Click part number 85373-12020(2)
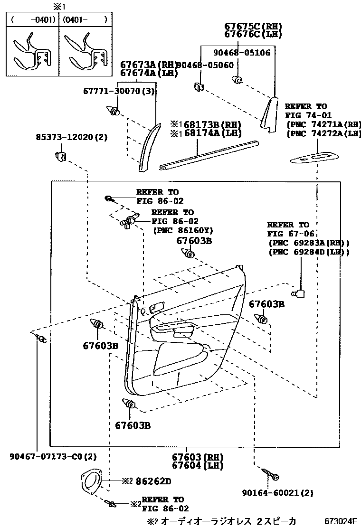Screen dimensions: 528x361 (x=72, y=137)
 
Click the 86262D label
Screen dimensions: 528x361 (x=153, y=481)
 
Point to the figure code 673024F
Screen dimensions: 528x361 (x=341, y=521)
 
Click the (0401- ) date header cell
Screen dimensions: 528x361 (x=85, y=20)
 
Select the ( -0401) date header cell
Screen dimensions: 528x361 (x=32, y=20)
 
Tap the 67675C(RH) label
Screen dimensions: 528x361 (x=253, y=26)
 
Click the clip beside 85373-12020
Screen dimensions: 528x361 (x=61, y=155)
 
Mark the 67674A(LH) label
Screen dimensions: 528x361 (x=148, y=73)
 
